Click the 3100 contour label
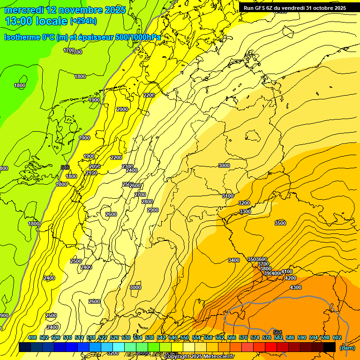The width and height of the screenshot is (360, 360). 228,196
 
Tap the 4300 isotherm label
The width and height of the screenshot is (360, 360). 296,287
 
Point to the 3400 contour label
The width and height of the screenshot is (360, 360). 234,260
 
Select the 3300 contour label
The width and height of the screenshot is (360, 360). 245,212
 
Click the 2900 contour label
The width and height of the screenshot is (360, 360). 153,210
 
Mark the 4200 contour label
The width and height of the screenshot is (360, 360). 290,278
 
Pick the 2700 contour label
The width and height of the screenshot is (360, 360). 140,195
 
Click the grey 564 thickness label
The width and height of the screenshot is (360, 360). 277,332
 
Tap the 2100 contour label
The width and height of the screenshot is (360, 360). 91,173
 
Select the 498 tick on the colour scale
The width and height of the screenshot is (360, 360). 32,337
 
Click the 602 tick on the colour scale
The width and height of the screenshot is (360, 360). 337,337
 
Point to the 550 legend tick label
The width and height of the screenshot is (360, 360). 185,337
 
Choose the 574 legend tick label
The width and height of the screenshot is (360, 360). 255,337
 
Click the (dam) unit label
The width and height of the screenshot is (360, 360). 347,347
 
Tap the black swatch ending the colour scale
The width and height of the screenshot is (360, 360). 330,347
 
